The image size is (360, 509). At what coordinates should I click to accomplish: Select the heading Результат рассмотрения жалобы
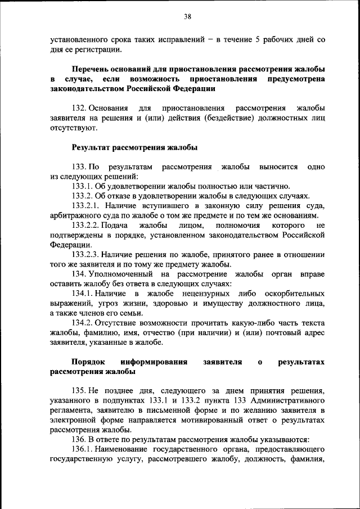click(x=134, y=148)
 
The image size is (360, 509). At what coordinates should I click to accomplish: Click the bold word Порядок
click(x=89, y=362)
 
